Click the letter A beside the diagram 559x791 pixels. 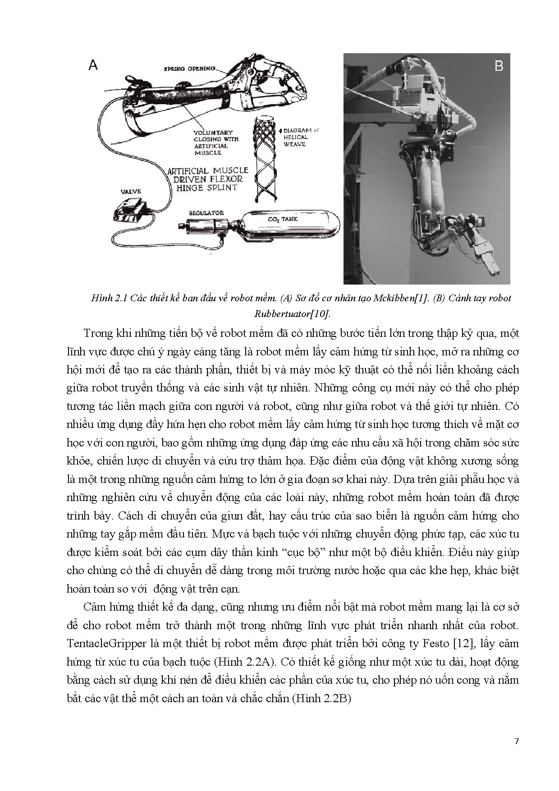pyautogui.click(x=93, y=65)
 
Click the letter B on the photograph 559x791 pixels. pyautogui.click(x=499, y=66)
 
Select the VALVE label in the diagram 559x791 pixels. pyautogui.click(x=131, y=191)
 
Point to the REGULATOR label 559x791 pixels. pyautogui.click(x=206, y=213)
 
